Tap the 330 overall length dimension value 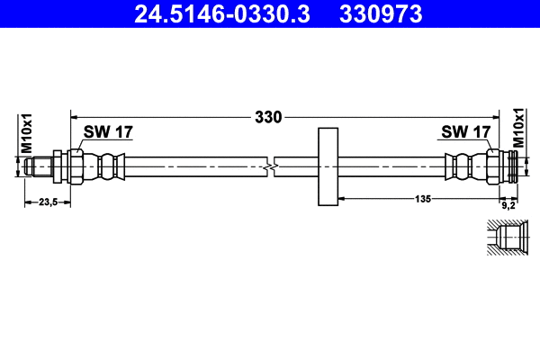point(268,117)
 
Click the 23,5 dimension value point(47,202)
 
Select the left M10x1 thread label point(27,132)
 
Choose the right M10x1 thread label point(518,128)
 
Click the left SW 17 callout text point(108,132)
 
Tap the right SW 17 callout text point(465,132)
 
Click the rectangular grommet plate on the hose point(328,166)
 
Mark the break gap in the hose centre point(271,166)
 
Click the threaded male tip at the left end point(38,166)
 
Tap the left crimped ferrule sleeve point(109,166)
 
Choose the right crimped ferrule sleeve point(461,166)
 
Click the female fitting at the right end point(504,166)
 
